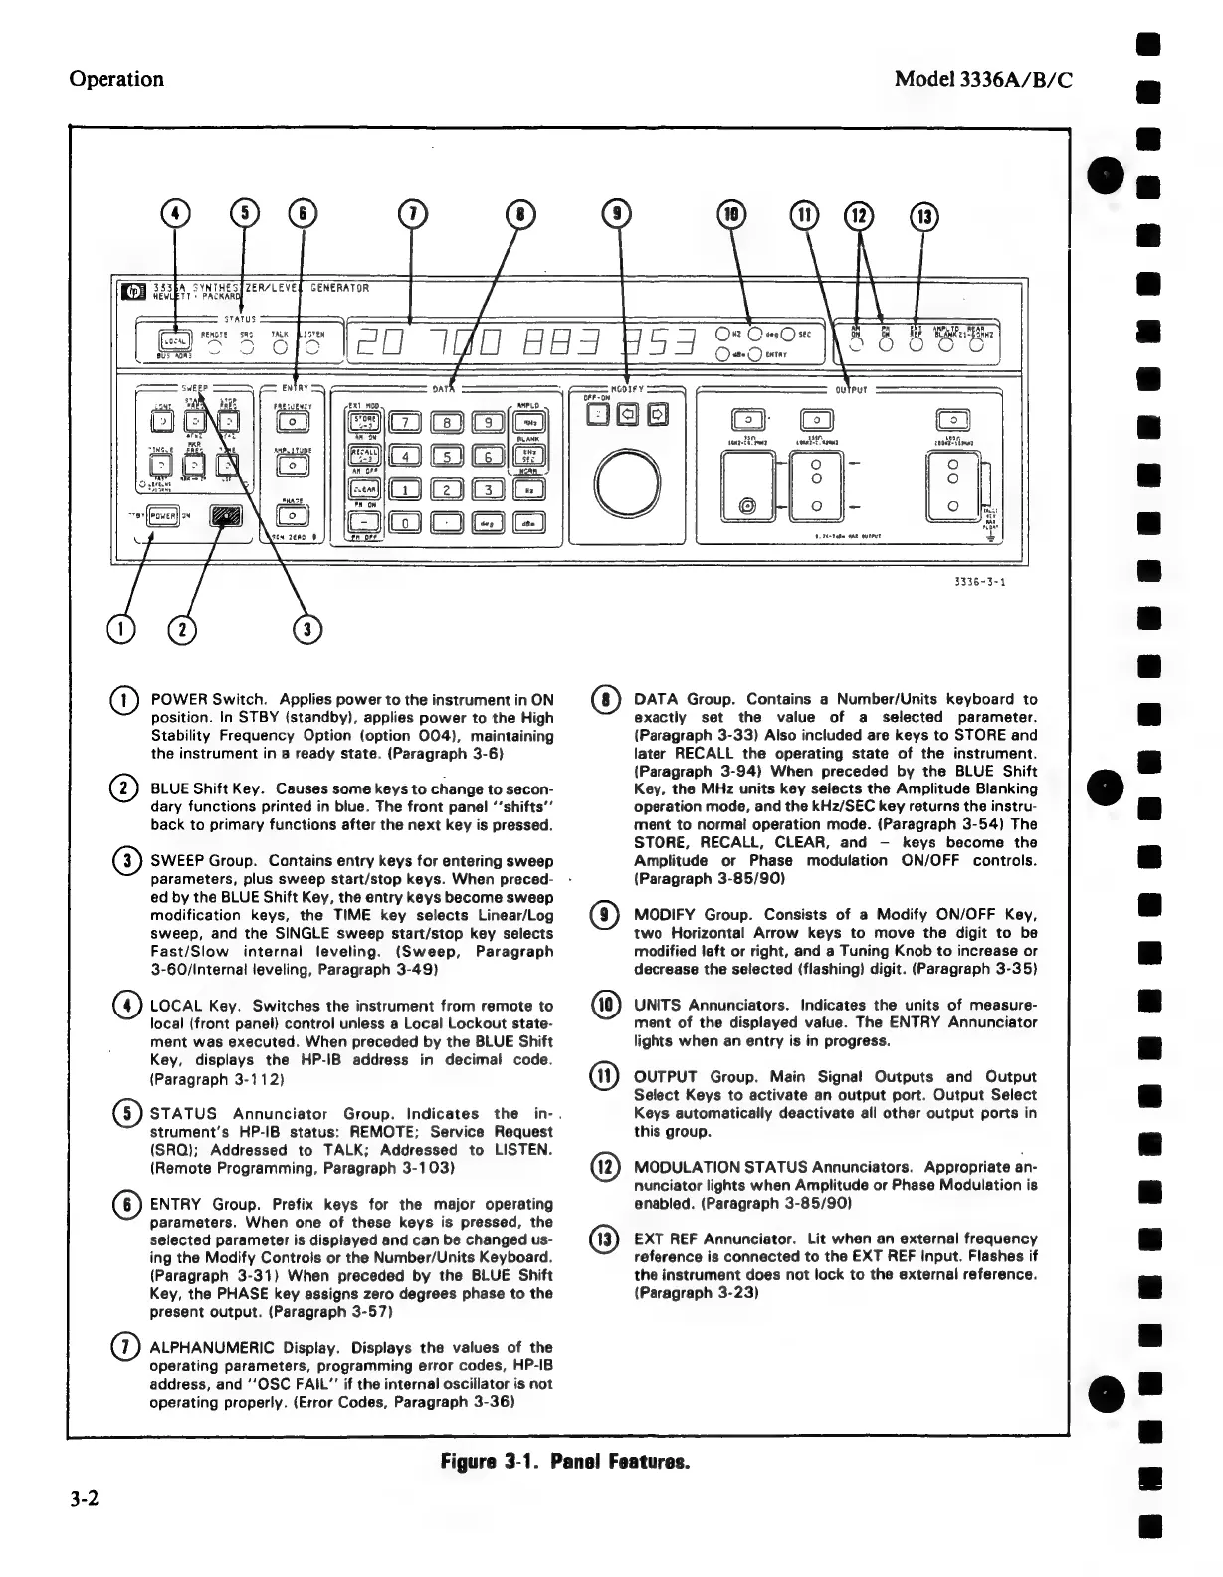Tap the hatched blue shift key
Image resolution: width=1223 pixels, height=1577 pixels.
[x=226, y=517]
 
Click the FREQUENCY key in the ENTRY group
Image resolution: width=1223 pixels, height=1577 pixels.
[x=293, y=421]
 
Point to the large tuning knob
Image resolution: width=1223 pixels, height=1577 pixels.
[x=629, y=485]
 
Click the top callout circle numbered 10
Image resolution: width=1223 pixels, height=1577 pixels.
[x=732, y=214]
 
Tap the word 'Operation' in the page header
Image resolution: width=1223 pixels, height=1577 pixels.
[x=115, y=79]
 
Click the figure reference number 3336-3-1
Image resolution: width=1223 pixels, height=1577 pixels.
[x=977, y=583]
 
